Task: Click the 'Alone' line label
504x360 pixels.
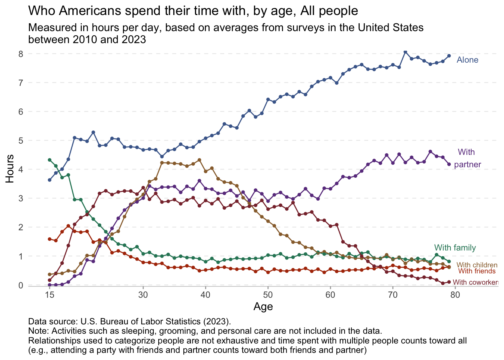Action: point(467,60)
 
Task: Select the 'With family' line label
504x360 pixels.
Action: point(455,248)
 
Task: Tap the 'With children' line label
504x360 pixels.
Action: point(477,265)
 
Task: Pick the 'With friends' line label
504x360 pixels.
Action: point(477,271)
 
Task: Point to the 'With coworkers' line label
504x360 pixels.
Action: point(475,282)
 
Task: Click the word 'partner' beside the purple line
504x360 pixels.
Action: point(467,165)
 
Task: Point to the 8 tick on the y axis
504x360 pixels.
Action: point(21,54)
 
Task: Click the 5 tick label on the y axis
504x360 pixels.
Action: point(21,141)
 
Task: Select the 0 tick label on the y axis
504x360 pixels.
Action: point(21,285)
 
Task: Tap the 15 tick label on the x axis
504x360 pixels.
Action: point(49,295)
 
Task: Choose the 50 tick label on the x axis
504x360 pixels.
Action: point(268,295)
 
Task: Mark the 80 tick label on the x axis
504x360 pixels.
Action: point(455,295)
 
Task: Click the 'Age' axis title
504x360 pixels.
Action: point(263,307)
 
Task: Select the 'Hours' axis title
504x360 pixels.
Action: point(10,169)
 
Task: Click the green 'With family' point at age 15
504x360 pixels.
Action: point(49,160)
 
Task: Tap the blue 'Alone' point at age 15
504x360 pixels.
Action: point(49,180)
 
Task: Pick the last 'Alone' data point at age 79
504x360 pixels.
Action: point(449,56)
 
